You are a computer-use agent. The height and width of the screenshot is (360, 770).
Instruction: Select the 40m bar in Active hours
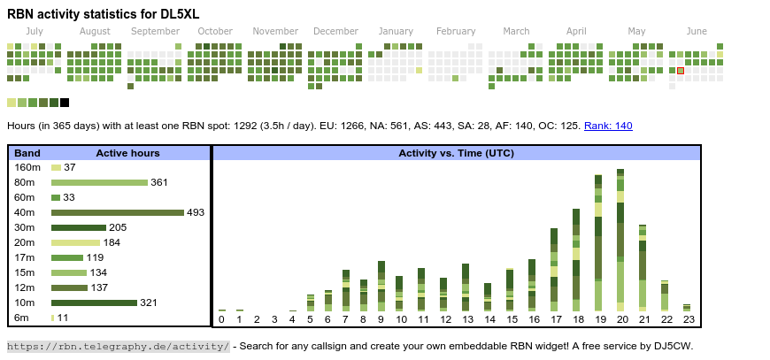[x=117, y=212]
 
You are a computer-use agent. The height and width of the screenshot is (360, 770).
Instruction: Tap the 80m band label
[x=25, y=182]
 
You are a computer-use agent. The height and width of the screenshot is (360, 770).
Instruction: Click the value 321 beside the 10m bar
[x=149, y=303]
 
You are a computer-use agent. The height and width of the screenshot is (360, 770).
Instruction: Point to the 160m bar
[x=56, y=167]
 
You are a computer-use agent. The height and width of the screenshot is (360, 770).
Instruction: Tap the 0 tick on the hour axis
[x=221, y=319]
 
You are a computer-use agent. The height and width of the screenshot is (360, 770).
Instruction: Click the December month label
[x=335, y=32]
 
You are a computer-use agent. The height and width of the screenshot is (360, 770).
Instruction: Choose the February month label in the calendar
[x=456, y=32]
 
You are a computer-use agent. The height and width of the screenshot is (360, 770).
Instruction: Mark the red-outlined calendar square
[x=681, y=71]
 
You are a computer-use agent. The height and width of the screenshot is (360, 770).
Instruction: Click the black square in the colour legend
[x=65, y=103]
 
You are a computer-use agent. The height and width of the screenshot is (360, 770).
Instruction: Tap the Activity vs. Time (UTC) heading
[x=456, y=153]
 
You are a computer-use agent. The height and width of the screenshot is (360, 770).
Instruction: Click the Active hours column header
[x=127, y=153]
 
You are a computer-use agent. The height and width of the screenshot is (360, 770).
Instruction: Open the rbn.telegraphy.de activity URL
[x=119, y=346]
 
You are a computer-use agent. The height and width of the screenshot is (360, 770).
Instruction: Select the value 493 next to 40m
[x=196, y=212]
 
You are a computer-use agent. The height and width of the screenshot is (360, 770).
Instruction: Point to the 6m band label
[x=21, y=318]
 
